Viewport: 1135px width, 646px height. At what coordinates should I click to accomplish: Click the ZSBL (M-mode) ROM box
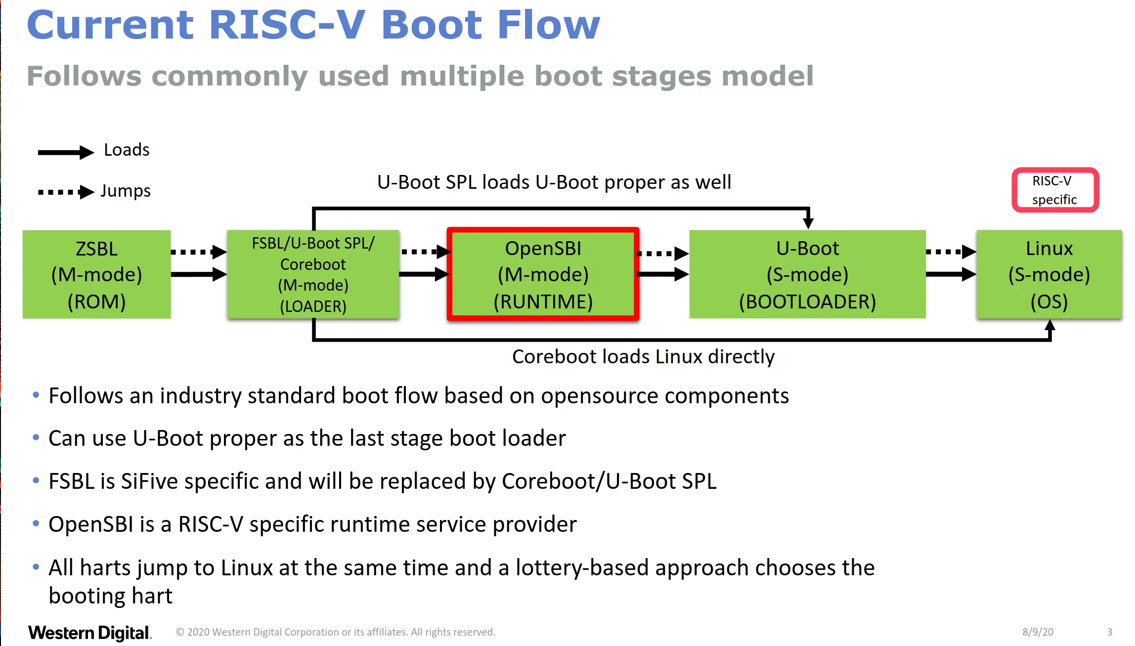[97, 274]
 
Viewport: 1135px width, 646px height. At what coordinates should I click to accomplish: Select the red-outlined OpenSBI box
[543, 274]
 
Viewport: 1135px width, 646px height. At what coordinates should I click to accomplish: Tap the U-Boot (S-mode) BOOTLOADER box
[807, 274]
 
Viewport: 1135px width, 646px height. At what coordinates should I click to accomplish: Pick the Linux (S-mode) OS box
[1049, 274]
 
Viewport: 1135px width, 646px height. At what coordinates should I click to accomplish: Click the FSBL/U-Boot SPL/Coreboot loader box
[313, 274]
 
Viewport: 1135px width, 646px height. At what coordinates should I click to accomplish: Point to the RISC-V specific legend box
[1055, 190]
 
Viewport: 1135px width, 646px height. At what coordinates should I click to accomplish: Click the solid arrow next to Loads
[66, 152]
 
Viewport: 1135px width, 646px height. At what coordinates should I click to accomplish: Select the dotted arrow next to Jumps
[66, 192]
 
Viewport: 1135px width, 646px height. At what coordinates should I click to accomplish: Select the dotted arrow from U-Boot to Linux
[951, 252]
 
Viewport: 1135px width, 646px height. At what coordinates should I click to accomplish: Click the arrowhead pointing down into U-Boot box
[808, 221]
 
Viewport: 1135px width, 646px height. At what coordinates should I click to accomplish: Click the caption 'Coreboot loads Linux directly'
[643, 357]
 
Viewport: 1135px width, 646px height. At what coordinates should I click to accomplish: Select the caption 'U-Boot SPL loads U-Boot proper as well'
[554, 182]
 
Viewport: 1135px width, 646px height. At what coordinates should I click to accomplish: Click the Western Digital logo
[89, 633]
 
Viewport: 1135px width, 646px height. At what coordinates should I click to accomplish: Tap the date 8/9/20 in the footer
[1038, 632]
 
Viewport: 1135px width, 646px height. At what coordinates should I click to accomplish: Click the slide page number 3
[1109, 632]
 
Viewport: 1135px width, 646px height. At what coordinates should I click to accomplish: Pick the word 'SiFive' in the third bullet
[149, 481]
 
